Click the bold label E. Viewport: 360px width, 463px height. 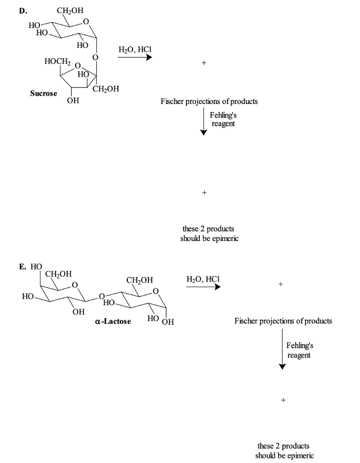(22, 266)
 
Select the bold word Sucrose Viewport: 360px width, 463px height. (43, 94)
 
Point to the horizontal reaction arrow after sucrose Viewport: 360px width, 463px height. (135, 57)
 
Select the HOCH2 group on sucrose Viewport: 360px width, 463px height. (56, 61)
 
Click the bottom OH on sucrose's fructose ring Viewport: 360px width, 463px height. (72, 100)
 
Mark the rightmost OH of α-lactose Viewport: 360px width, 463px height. (168, 322)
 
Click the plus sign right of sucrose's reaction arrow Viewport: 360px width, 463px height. (204, 64)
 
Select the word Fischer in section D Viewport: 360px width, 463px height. (172, 101)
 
